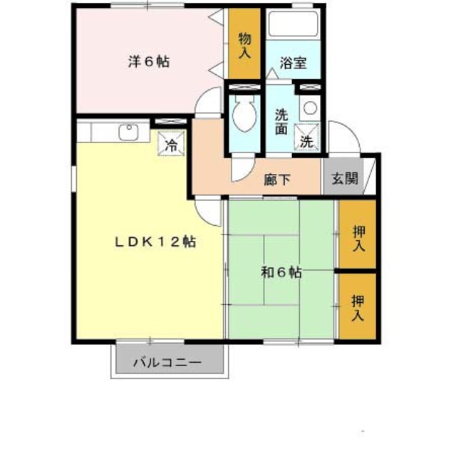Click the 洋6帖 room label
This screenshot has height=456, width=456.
click(148, 61)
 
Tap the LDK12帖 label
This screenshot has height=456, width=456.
click(156, 241)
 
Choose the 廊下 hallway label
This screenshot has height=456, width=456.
click(277, 180)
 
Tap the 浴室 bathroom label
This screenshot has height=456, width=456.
click(293, 62)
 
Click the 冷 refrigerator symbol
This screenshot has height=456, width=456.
click(171, 145)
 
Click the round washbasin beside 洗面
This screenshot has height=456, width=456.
click(309, 108)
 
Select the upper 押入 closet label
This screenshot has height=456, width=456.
click(358, 237)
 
